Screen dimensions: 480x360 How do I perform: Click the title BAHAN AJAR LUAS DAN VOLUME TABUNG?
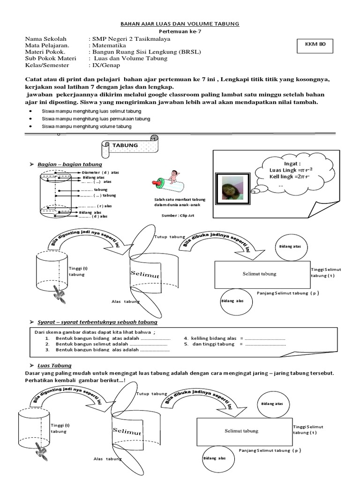point(180,23)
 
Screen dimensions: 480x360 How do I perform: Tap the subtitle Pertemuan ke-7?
point(180,31)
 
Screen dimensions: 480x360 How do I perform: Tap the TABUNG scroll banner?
point(126,146)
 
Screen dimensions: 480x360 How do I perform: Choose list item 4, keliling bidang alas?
point(234,337)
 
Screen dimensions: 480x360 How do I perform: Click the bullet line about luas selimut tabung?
point(91,112)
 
